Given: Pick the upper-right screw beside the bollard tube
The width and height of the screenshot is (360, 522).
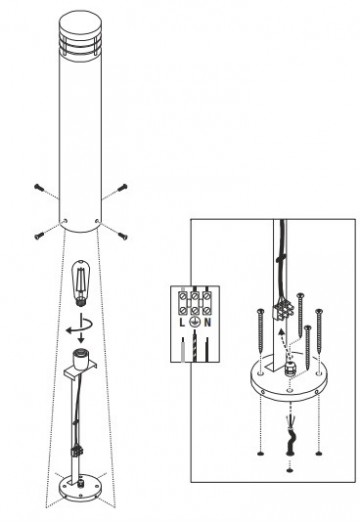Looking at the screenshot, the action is pyautogui.click(x=121, y=187).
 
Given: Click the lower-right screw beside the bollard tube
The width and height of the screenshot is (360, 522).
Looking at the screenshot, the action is pyautogui.click(x=121, y=235).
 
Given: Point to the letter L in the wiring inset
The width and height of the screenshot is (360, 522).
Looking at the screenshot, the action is pyautogui.click(x=184, y=324).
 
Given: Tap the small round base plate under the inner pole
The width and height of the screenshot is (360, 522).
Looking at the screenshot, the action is pyautogui.click(x=79, y=488).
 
